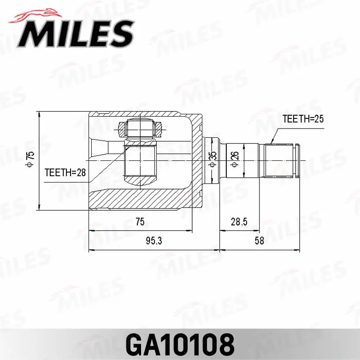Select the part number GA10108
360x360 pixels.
tap(180, 343)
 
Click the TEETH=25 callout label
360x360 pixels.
tap(303, 118)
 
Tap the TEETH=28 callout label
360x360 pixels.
tap(65, 172)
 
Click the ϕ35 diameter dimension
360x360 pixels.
tap(212, 159)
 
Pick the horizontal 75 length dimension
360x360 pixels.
tap(140, 222)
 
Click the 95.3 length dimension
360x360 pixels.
tap(153, 241)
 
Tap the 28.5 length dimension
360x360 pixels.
tap(239, 222)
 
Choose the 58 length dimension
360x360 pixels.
tap(259, 241)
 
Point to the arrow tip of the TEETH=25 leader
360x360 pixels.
tap(271, 143)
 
